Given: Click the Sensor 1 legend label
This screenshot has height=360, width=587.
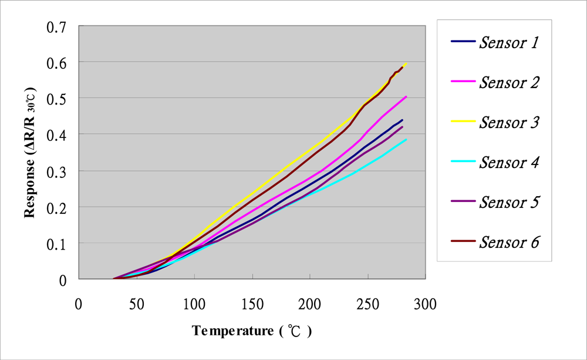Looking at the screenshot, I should pyautogui.click(x=509, y=42).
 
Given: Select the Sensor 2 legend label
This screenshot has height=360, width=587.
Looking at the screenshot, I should pyautogui.click(x=509, y=82).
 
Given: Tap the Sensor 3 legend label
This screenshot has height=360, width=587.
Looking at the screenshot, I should pyautogui.click(x=509, y=122).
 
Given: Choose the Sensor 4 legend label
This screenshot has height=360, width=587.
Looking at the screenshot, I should pyautogui.click(x=509, y=162).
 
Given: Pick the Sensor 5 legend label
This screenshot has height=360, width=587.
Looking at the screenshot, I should pyautogui.click(x=509, y=202).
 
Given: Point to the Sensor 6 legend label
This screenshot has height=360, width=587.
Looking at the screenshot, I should pyautogui.click(x=509, y=242).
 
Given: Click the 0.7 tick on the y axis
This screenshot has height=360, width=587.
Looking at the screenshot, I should pyautogui.click(x=58, y=26).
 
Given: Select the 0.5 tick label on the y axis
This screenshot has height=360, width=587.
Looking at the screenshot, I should pyautogui.click(x=58, y=99).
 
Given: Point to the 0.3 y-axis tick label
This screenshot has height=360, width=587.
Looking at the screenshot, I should pyautogui.click(x=58, y=171).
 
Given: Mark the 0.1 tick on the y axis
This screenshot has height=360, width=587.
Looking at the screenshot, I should pyautogui.click(x=58, y=244).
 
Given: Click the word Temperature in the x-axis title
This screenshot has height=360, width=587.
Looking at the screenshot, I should pyautogui.click(x=232, y=331).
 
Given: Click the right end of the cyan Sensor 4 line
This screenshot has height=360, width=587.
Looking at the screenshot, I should pyautogui.click(x=406, y=139).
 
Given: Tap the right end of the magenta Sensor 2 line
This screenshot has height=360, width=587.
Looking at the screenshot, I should pyautogui.click(x=406, y=96).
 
